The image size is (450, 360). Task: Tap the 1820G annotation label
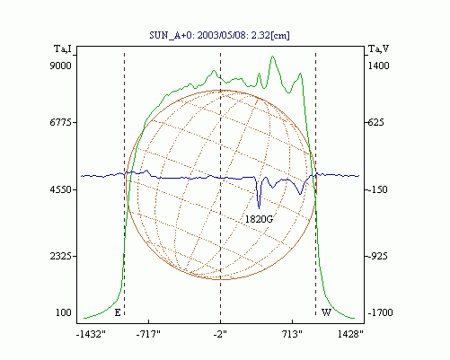pos(260,219)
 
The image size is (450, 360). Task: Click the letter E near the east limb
pos(118,313)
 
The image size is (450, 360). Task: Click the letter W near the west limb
pos(326,312)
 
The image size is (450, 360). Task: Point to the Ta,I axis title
pos(63,48)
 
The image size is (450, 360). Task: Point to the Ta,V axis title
pos(378,48)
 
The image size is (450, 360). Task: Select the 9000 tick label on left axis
pos(61,66)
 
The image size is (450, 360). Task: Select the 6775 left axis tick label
pos(61,122)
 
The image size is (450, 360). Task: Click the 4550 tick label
pos(61,189)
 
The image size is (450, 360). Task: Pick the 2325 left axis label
pos(61,256)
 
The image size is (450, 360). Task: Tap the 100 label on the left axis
pos(64,312)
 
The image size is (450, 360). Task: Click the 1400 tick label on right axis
pos(378,66)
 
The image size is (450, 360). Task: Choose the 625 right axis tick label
pos(375,122)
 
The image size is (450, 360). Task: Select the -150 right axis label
pos(377,189)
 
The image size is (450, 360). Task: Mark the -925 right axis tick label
pos(377,256)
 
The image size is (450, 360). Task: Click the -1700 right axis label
pos(380,312)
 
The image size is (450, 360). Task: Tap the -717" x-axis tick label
pos(148,334)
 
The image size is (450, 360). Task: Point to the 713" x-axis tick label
pos(293,334)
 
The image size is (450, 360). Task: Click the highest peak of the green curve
pos(272,56)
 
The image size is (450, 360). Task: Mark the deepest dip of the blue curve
pos(260,208)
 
